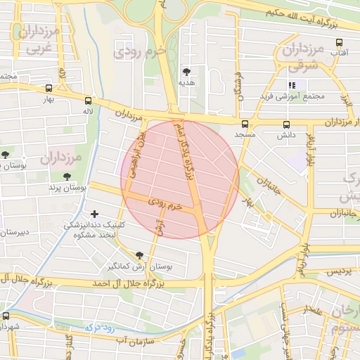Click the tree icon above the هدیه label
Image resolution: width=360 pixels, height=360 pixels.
click(x=186, y=72)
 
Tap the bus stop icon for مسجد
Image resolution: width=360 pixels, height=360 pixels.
click(x=245, y=124)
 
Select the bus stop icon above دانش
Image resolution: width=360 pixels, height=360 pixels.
click(x=285, y=124)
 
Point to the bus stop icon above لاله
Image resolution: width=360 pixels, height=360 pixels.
click(x=87, y=101)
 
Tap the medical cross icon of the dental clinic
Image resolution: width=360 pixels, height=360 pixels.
click(x=94, y=213)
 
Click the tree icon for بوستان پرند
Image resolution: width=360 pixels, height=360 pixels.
click(x=67, y=177)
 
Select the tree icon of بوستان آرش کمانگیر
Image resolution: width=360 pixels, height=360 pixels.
click(x=139, y=255)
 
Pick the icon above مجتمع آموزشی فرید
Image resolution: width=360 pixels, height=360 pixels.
click(x=291, y=86)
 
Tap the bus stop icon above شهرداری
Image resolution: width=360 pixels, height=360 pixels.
click(x=7, y=315)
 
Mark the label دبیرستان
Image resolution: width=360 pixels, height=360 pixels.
click(x=14, y=232)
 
